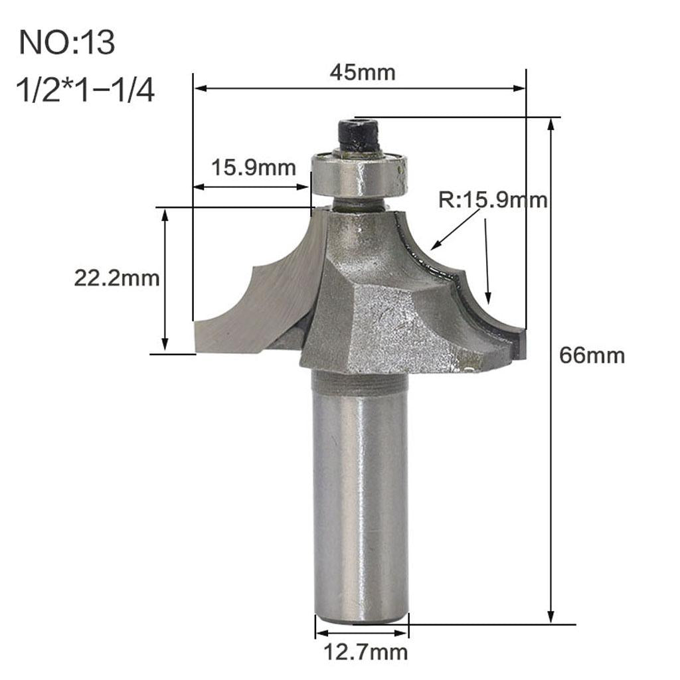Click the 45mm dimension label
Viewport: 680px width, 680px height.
(x=362, y=72)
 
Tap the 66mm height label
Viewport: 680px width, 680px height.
(x=592, y=355)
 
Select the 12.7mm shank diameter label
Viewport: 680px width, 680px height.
(x=362, y=652)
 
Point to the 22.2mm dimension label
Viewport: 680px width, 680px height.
(x=116, y=278)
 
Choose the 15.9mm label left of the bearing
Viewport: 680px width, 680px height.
(x=253, y=167)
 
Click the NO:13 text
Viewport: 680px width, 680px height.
(x=67, y=42)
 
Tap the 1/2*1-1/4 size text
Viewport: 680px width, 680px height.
(x=87, y=91)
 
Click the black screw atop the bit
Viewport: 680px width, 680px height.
(x=358, y=135)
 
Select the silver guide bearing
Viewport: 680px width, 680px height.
(x=358, y=173)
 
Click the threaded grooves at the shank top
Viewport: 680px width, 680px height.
(x=359, y=382)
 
